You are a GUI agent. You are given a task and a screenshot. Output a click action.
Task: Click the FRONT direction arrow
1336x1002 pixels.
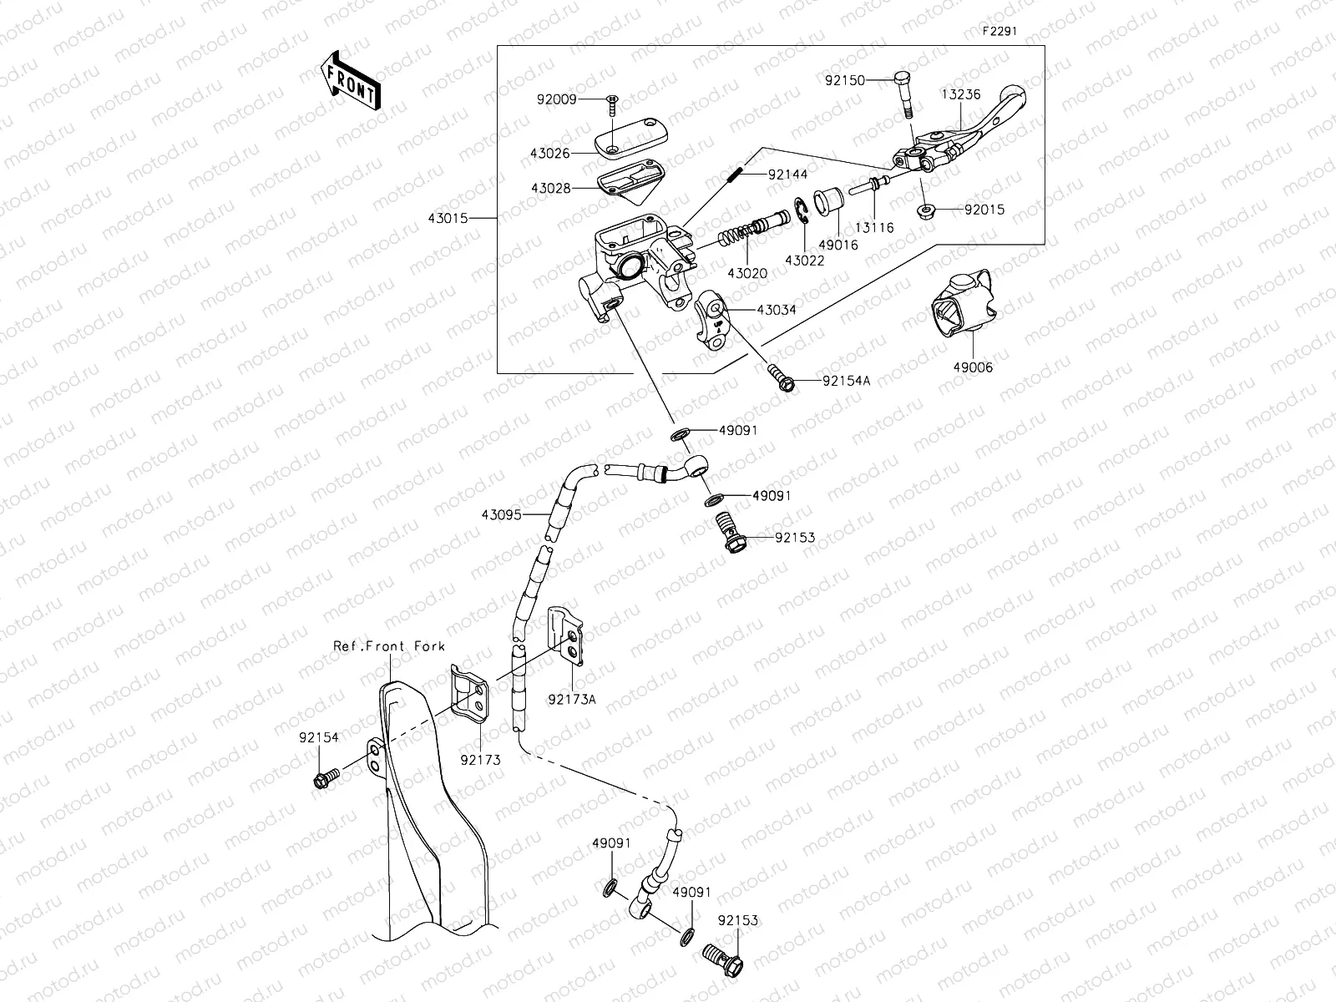[349, 81]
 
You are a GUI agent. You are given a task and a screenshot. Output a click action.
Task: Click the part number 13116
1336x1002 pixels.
[873, 227]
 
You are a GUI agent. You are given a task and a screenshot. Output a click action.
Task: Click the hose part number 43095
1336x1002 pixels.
[501, 515]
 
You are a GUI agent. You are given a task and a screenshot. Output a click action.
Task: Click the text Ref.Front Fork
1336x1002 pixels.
[389, 645]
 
